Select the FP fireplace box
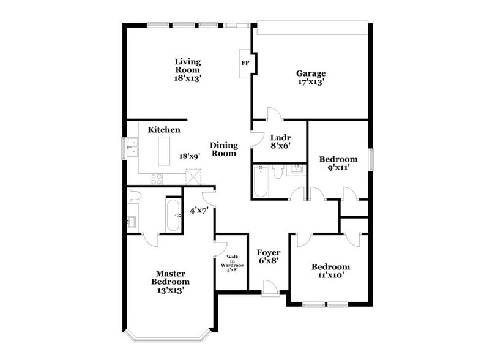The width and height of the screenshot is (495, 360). click(245, 63)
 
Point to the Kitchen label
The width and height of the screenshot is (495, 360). click(163, 130)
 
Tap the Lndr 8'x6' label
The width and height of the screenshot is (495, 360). click(280, 141)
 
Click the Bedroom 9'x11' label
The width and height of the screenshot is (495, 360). click(334, 163)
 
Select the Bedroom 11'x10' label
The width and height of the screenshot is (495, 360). click(330, 271)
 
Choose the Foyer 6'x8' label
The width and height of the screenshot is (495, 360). click(268, 257)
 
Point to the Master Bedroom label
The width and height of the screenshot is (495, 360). click(170, 282)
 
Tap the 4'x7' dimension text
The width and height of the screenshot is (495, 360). click(199, 211)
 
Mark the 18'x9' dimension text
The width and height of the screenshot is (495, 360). click(189, 156)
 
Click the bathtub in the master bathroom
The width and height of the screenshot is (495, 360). click(174, 215)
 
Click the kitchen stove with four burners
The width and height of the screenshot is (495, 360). click(157, 179)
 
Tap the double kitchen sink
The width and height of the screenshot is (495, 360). click(133, 148)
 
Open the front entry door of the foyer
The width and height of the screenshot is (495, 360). click(269, 287)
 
